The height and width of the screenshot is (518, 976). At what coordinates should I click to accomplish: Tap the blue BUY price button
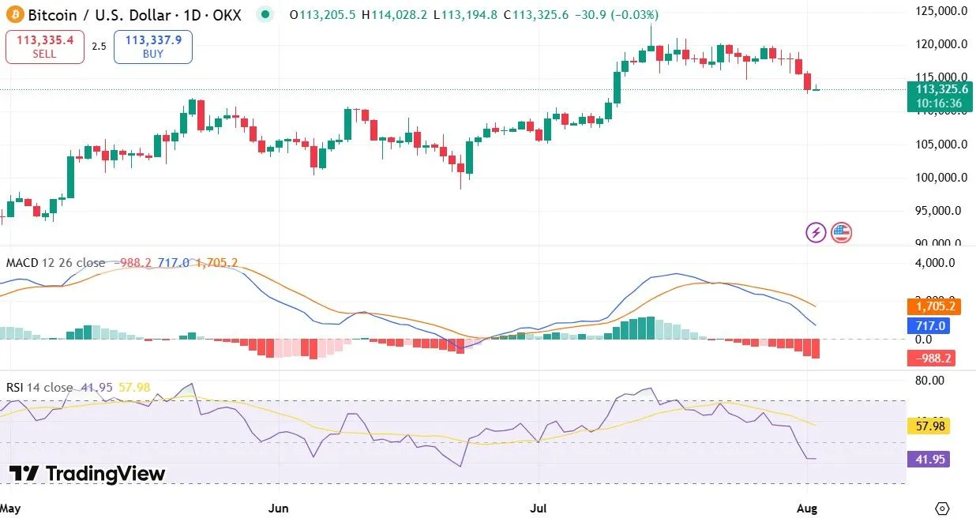click(x=152, y=47)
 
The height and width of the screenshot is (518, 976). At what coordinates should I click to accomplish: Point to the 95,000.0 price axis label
click(x=938, y=211)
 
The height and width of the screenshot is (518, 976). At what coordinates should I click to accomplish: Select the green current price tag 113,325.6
click(x=939, y=90)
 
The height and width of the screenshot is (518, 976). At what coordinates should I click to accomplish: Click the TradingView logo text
click(x=88, y=474)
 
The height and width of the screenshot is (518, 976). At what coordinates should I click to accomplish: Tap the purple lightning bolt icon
click(x=816, y=232)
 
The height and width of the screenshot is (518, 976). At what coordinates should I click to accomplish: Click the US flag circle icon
click(x=841, y=232)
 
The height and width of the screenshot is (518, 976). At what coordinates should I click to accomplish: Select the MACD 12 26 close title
click(x=55, y=262)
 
